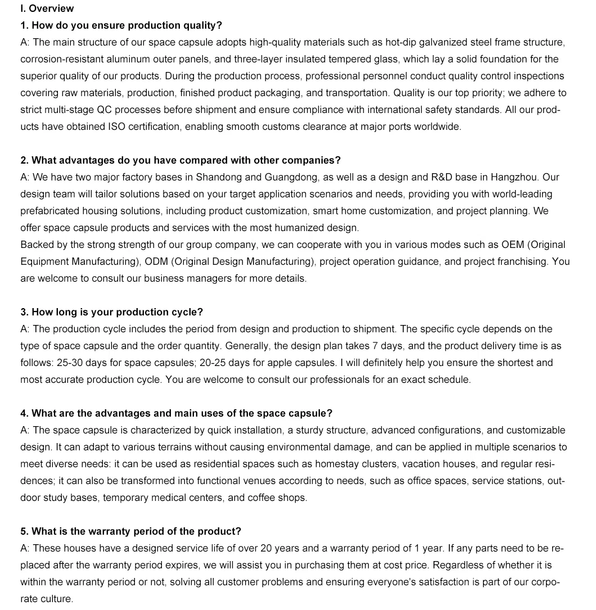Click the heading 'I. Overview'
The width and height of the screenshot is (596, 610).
pos(47,8)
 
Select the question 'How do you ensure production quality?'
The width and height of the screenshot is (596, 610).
pos(121,25)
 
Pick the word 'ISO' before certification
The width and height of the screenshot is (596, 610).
pos(116,126)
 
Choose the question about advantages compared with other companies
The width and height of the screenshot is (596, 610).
pos(180,160)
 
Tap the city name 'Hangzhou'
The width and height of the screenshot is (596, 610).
pos(514,177)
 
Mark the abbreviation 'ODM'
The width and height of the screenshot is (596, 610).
pos(157,261)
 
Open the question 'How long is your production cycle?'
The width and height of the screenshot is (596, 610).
pos(112,312)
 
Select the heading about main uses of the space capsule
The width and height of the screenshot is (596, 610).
pos(177,413)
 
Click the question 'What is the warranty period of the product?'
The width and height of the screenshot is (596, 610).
pos(131,531)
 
